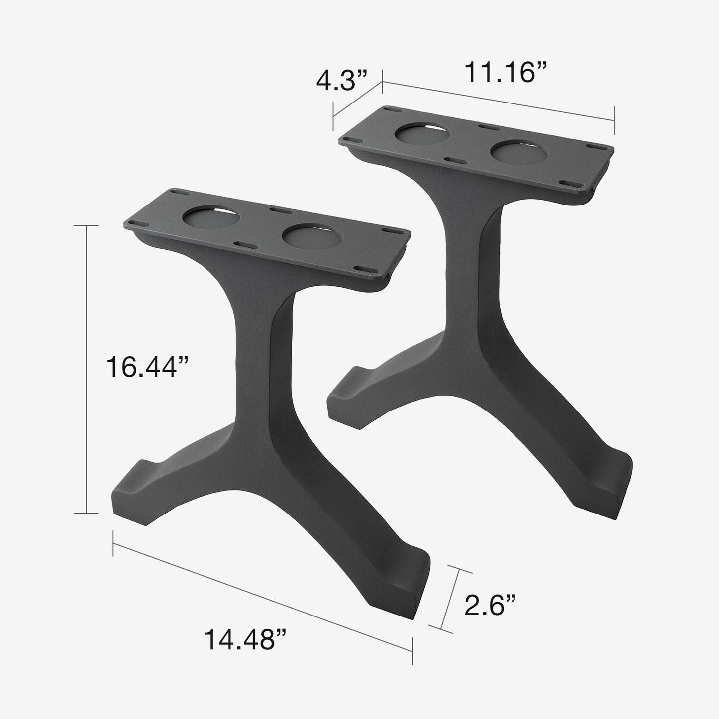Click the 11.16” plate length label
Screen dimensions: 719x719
point(506,73)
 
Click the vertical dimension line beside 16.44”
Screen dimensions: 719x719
point(88,368)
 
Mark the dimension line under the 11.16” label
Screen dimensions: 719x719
point(498,101)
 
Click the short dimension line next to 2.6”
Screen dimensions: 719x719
point(450,599)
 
